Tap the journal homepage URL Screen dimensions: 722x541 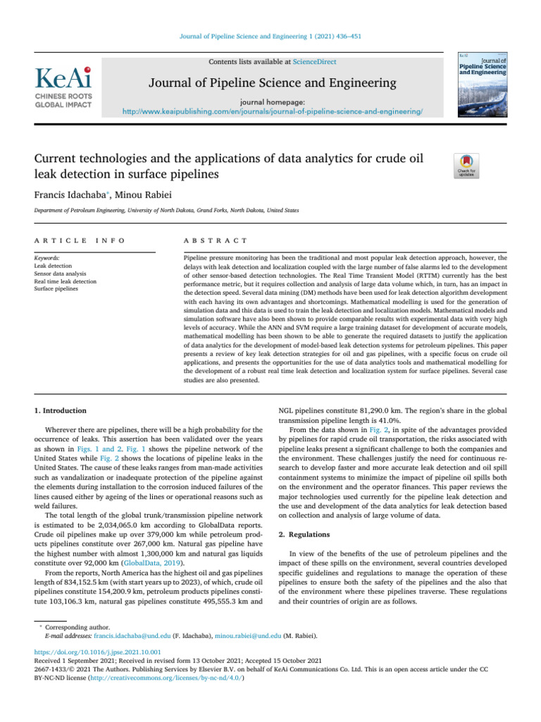273,112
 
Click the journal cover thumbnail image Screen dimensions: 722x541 484,83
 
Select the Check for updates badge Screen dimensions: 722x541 468,166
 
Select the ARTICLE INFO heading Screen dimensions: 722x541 80,240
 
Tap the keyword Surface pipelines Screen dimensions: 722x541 58,289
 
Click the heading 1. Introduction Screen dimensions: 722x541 61,410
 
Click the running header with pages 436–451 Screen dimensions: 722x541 270,35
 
